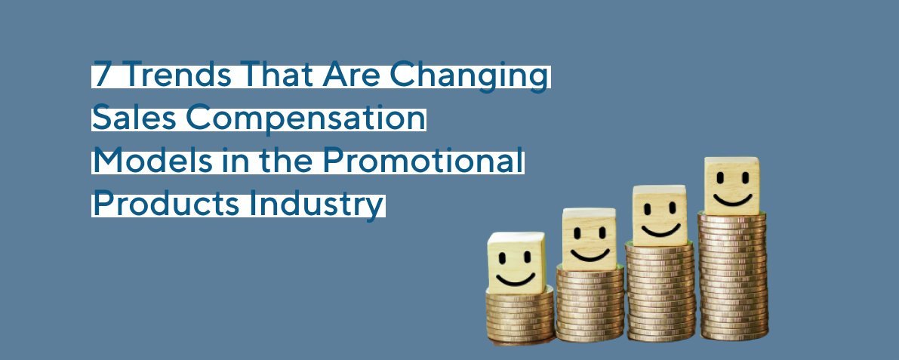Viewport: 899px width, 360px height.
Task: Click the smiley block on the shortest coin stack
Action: click(516, 262)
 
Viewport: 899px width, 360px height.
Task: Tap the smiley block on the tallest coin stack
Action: click(731, 185)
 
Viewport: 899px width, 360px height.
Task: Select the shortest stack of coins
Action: click(520, 317)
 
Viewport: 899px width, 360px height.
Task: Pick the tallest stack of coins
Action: click(732, 275)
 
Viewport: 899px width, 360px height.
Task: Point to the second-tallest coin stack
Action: click(660, 291)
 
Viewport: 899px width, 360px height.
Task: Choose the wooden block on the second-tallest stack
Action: click(659, 215)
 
